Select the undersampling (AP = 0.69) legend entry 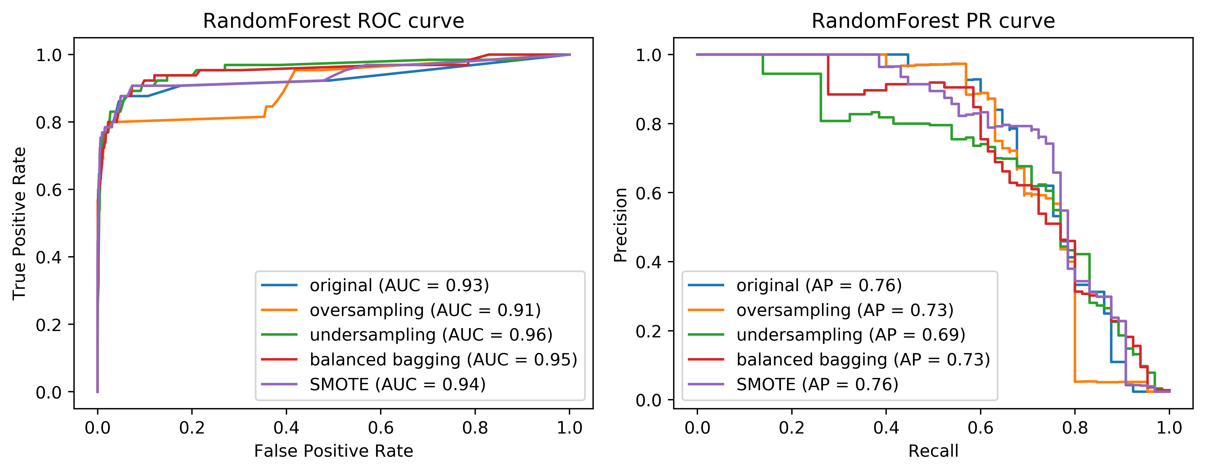click(x=850, y=335)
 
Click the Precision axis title click(x=620, y=225)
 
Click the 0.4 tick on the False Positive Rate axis click(x=286, y=428)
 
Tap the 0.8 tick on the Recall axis click(x=1075, y=428)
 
